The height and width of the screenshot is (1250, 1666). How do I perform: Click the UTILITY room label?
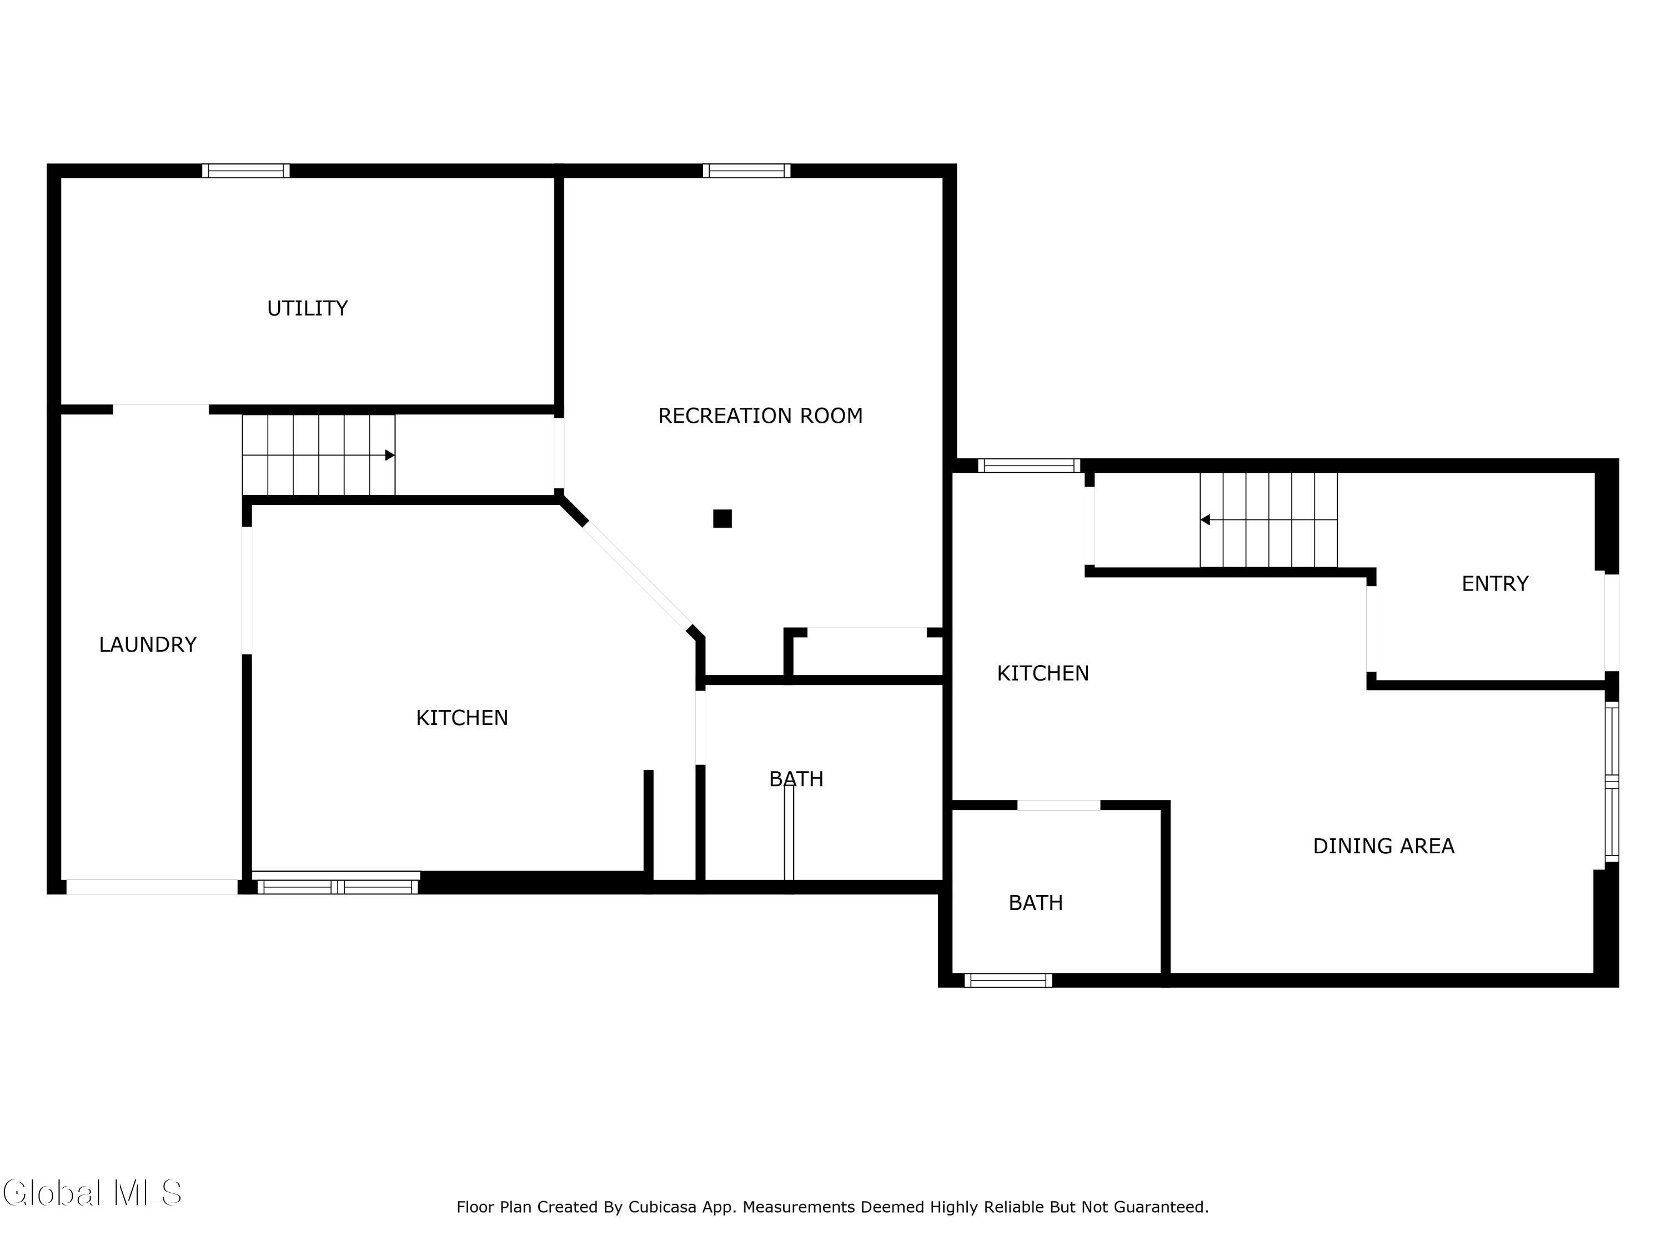[x=307, y=308]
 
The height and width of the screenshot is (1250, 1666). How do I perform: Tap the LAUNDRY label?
[x=148, y=644]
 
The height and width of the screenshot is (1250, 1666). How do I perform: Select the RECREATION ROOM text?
[x=760, y=416]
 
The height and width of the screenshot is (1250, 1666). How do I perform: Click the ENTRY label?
[x=1494, y=584]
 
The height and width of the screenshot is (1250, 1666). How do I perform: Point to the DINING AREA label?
[x=1383, y=846]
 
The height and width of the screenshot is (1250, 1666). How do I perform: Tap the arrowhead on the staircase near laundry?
[x=389, y=455]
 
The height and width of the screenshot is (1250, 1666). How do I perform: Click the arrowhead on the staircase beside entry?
[x=1205, y=520]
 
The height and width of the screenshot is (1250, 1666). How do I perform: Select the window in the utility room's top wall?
[x=245, y=171]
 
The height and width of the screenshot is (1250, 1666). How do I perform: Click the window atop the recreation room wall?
[x=746, y=171]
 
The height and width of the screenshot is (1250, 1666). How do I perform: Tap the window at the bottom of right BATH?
[x=1008, y=980]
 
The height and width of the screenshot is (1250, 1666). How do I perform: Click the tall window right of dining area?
[x=1611, y=781]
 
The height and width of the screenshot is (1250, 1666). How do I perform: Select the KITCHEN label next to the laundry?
[x=461, y=718]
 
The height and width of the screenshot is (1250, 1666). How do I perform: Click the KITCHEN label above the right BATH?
[x=1042, y=673]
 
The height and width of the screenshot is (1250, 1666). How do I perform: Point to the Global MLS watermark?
[x=92, y=1193]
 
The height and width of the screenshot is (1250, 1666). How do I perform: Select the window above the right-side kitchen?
[x=1029, y=466]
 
